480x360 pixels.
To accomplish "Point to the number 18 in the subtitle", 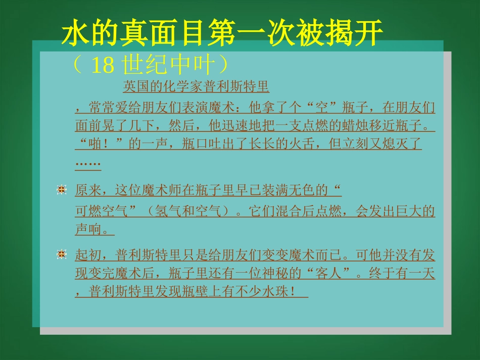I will [104, 66].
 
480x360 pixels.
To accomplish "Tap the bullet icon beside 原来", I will [62, 190].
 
